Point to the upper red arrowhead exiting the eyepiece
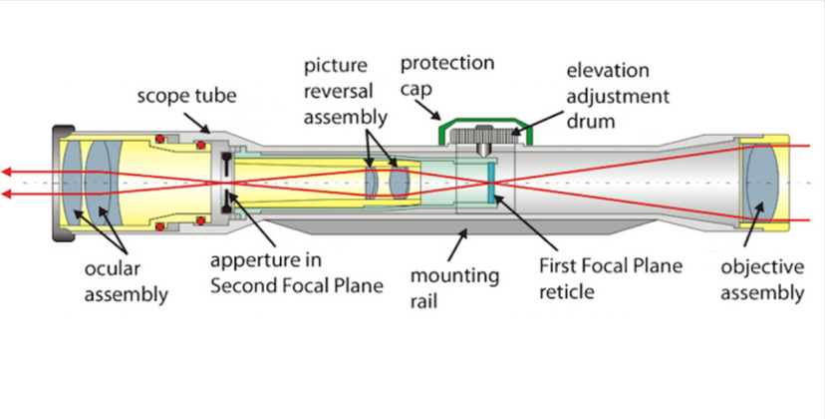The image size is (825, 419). [8, 170]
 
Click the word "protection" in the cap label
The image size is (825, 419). [447, 64]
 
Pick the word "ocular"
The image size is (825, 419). [112, 269]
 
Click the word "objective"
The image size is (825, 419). [762, 267]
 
